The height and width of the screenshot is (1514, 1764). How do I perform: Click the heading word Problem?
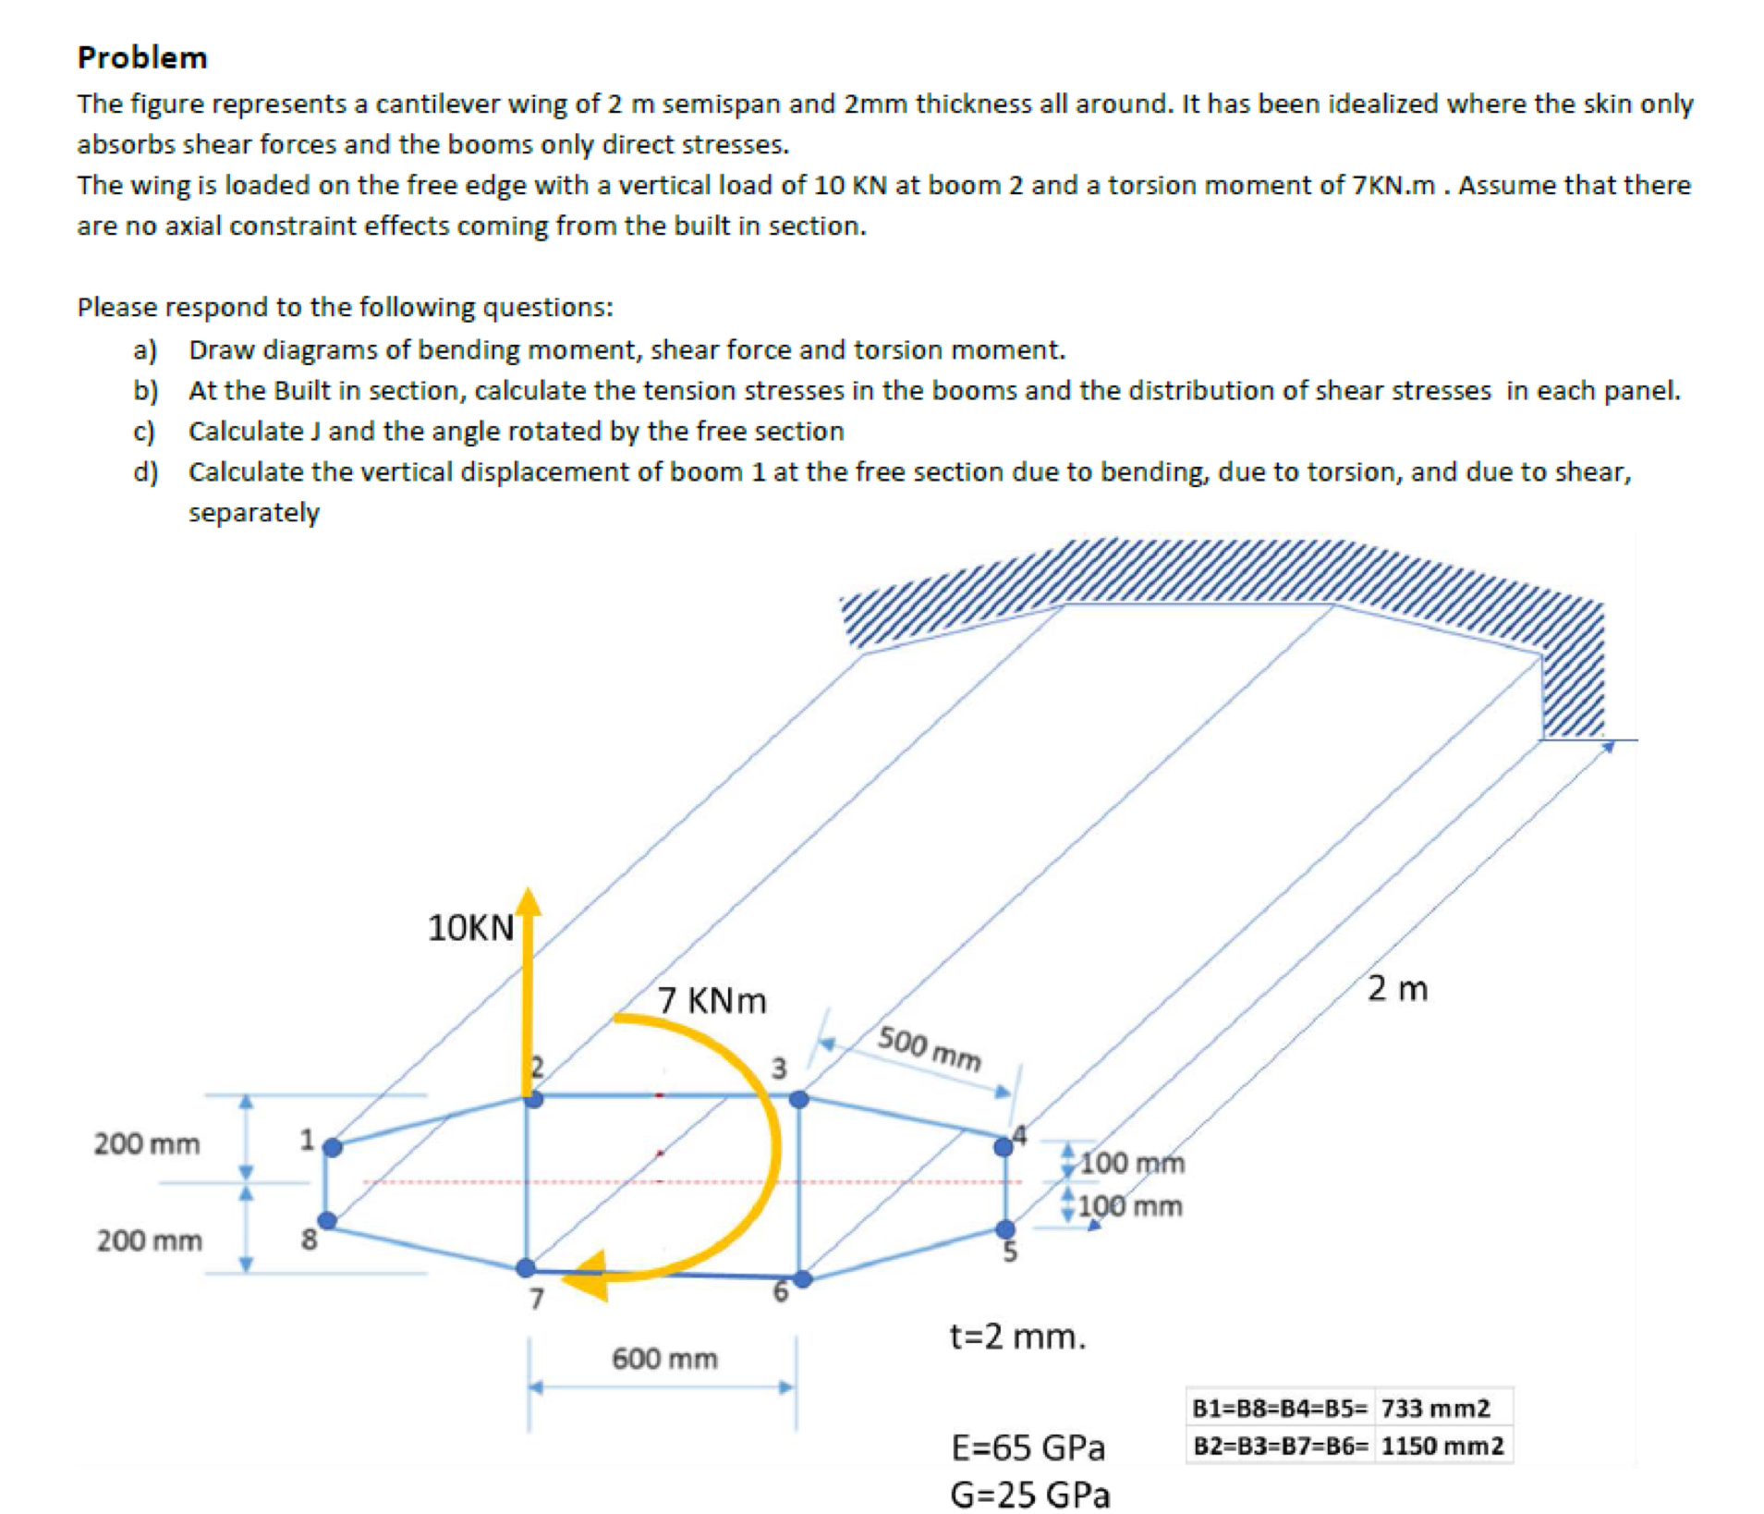point(142,57)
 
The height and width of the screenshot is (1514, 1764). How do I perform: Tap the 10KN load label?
point(470,927)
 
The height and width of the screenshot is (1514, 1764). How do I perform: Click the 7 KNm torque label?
point(712,1000)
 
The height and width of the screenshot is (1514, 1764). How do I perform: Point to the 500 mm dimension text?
point(929,1048)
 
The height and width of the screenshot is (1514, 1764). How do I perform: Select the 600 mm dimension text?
point(664,1358)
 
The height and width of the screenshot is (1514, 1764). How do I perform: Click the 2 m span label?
point(1397,988)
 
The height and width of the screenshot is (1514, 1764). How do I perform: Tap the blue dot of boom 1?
point(333,1147)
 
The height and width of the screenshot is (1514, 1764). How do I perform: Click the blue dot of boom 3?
point(799,1099)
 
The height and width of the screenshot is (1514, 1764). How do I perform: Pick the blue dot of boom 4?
point(1003,1147)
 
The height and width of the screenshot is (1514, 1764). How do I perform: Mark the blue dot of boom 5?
point(1004,1228)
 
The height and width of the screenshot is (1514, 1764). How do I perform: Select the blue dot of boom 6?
point(803,1279)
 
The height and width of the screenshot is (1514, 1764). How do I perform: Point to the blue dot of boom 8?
point(327,1220)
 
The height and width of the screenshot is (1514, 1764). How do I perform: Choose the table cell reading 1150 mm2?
point(1442,1446)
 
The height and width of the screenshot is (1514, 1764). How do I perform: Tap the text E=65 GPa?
point(1028,1447)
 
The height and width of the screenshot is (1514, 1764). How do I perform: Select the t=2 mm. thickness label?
point(1017,1337)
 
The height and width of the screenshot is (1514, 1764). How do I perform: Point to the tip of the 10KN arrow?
point(528,891)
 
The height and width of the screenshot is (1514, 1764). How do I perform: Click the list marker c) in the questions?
point(143,431)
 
